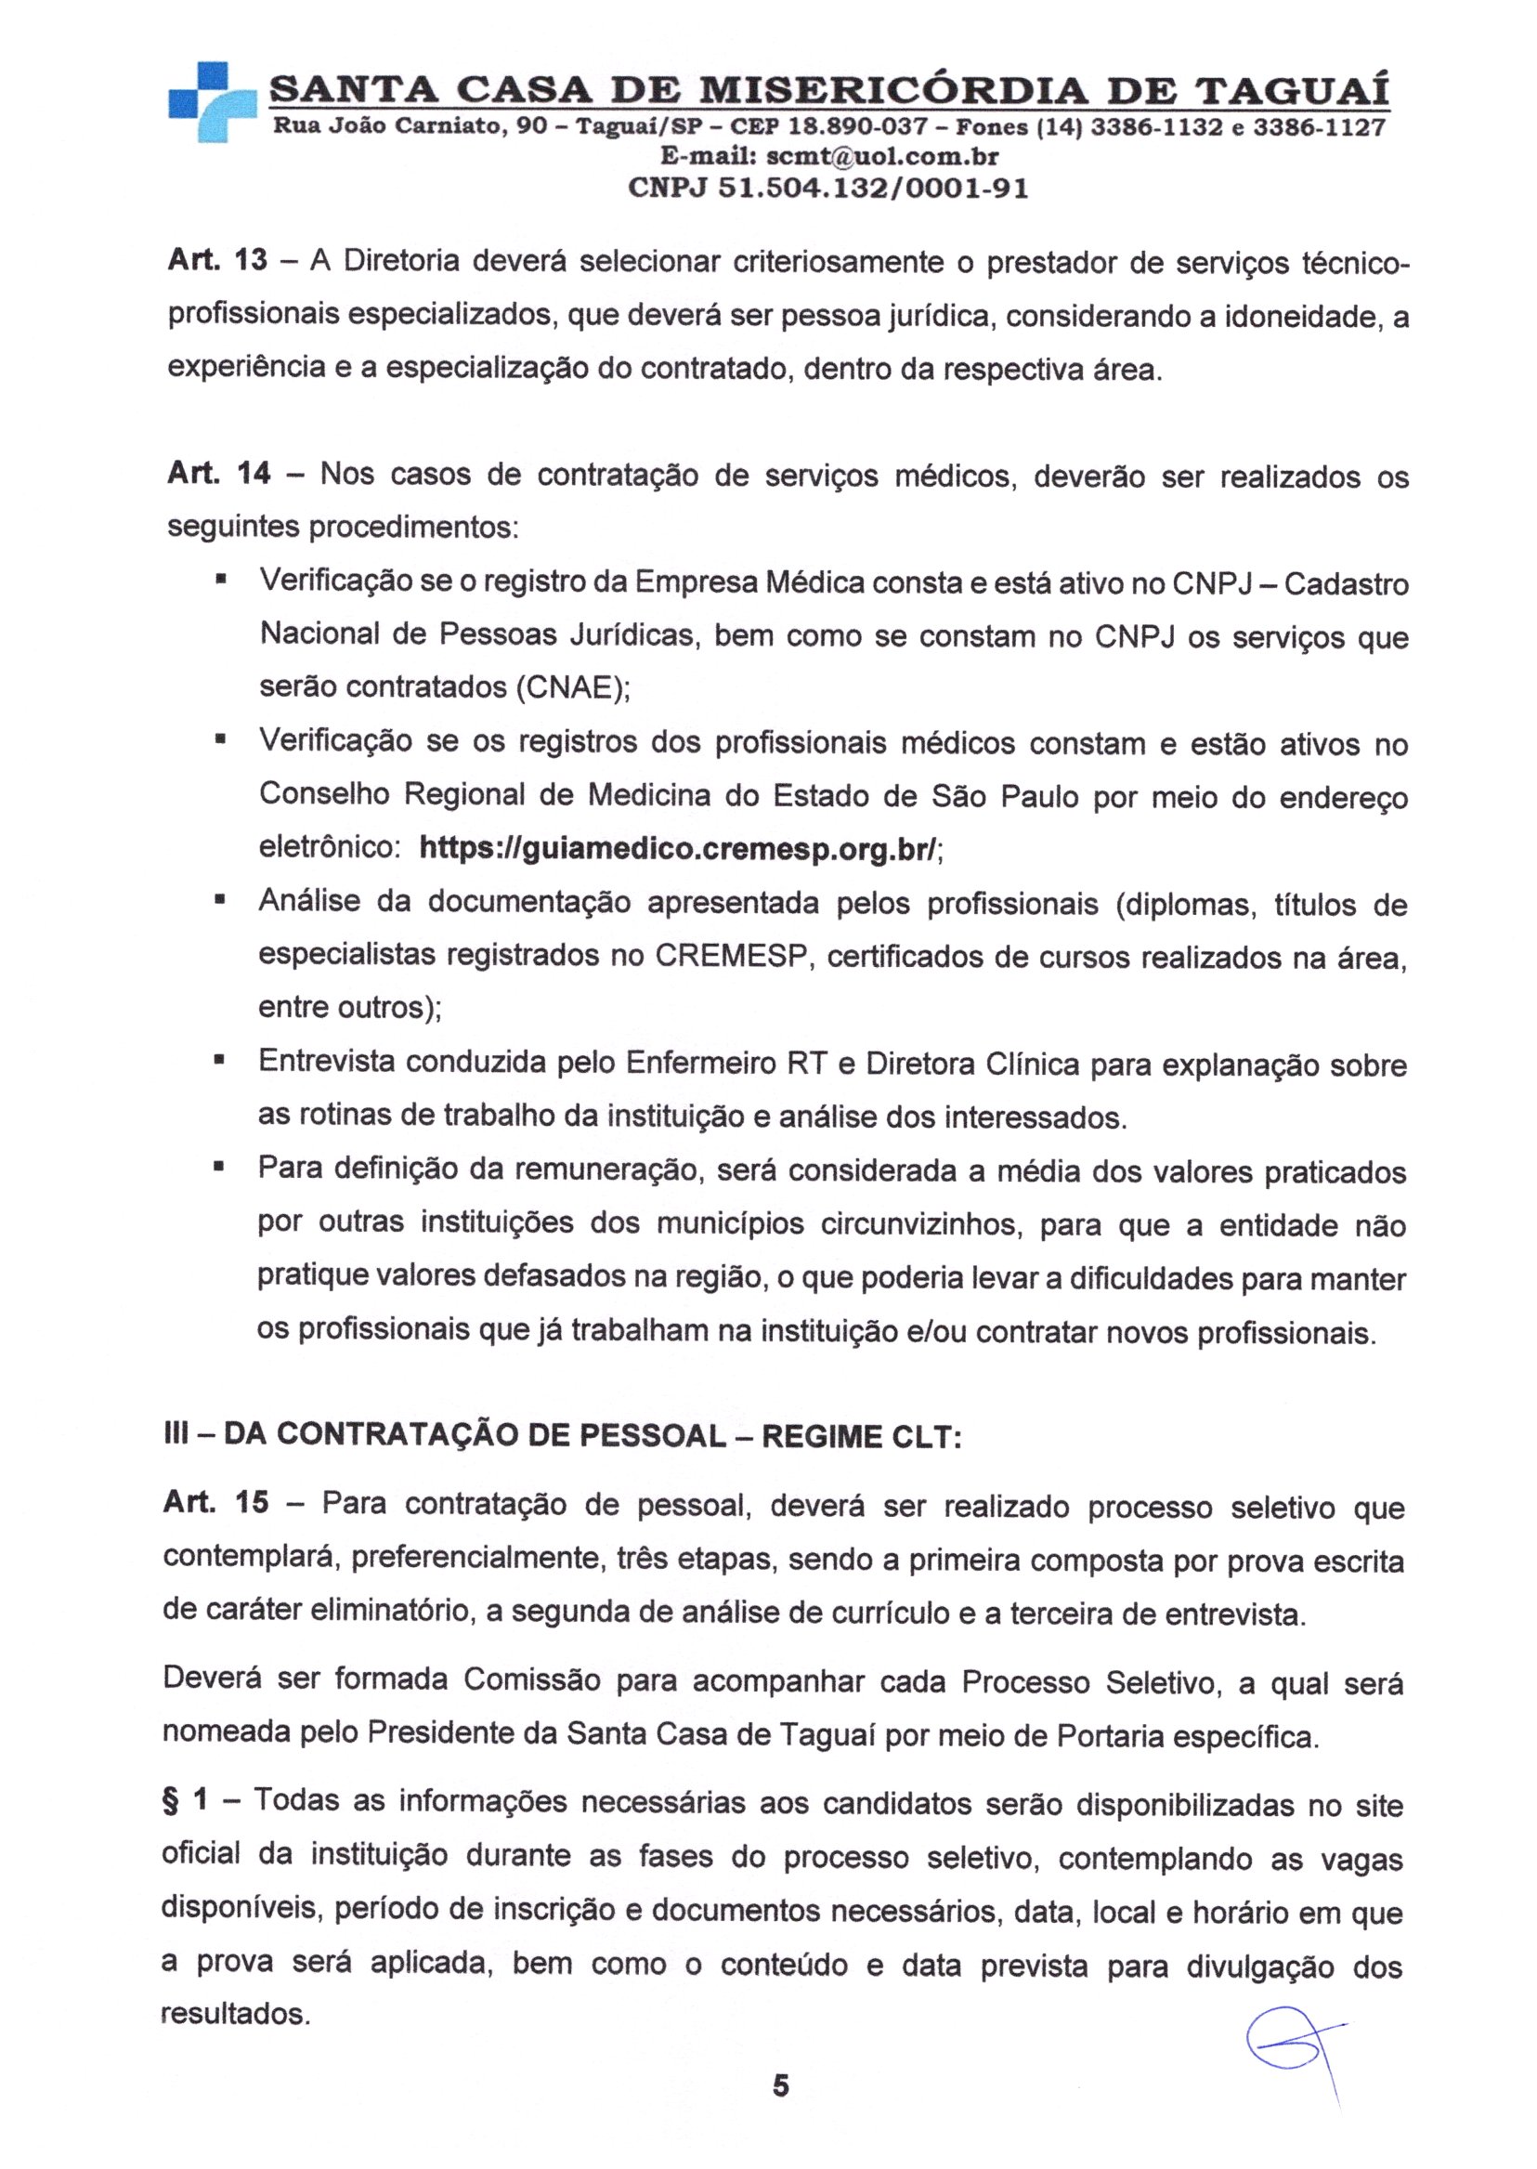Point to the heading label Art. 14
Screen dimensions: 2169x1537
[218, 473]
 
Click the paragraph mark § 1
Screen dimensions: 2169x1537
[186, 1802]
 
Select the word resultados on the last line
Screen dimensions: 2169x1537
[234, 2013]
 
